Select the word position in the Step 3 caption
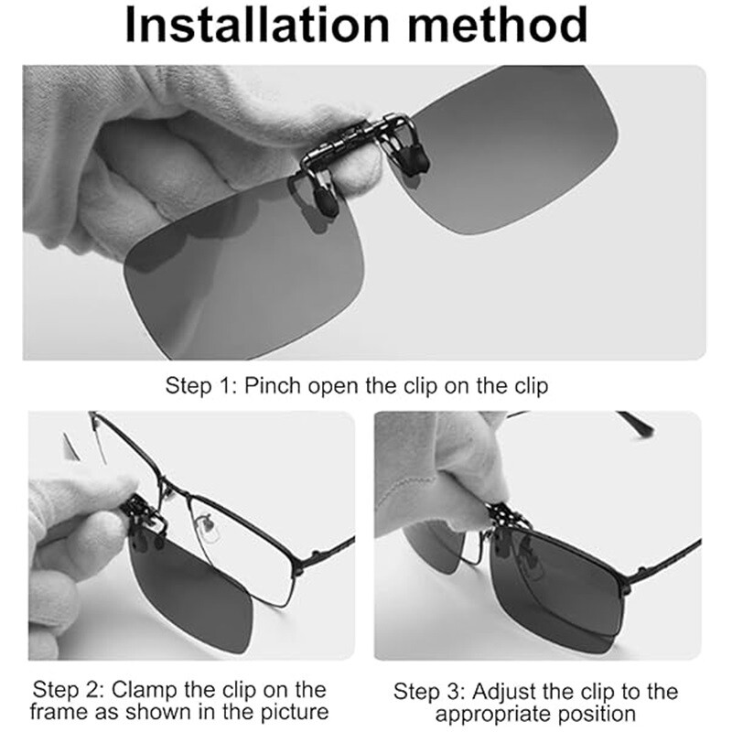click(x=595, y=714)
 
